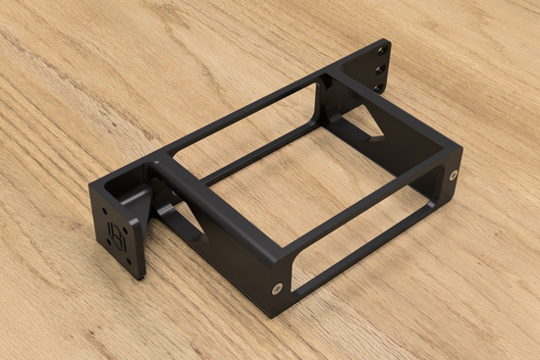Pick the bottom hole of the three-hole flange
click(378, 87)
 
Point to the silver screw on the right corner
click(453, 176)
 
